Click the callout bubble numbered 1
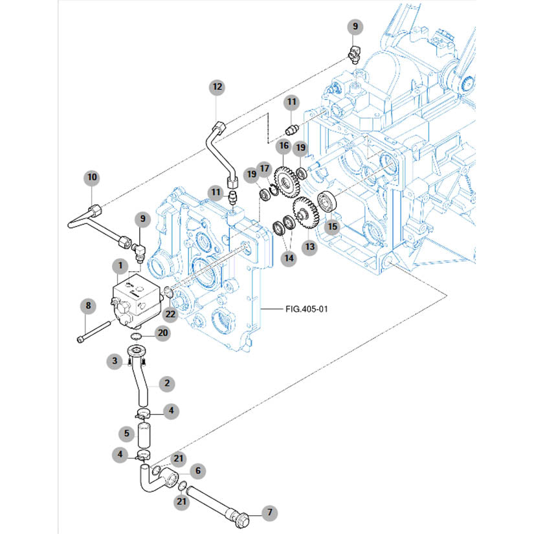[119, 265]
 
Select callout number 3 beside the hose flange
[114, 361]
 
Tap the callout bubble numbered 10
[91, 177]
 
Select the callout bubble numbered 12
[217, 86]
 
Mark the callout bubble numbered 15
[333, 227]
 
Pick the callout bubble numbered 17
[264, 168]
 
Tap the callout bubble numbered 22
[170, 314]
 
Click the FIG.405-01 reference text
[307, 309]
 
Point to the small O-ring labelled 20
[137, 337]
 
